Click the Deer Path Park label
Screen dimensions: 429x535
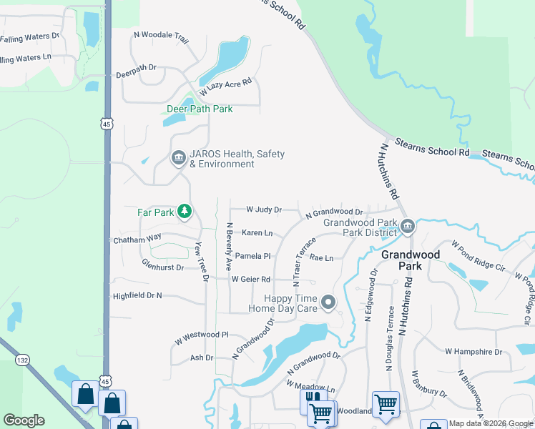tap(200, 109)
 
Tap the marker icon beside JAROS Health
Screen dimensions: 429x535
tap(178, 158)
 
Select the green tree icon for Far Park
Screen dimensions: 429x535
tap(185, 211)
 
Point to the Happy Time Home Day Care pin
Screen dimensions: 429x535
tap(328, 303)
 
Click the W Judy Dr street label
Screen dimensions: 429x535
tap(263, 209)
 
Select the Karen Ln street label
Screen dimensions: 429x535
tap(257, 233)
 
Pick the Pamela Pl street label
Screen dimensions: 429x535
tap(253, 255)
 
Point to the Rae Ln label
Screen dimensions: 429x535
tap(321, 258)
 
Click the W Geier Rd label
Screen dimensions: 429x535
tap(250, 279)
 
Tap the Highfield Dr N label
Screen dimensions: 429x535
tap(137, 295)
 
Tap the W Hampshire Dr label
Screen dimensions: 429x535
tap(474, 352)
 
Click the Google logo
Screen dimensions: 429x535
tap(24, 420)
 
